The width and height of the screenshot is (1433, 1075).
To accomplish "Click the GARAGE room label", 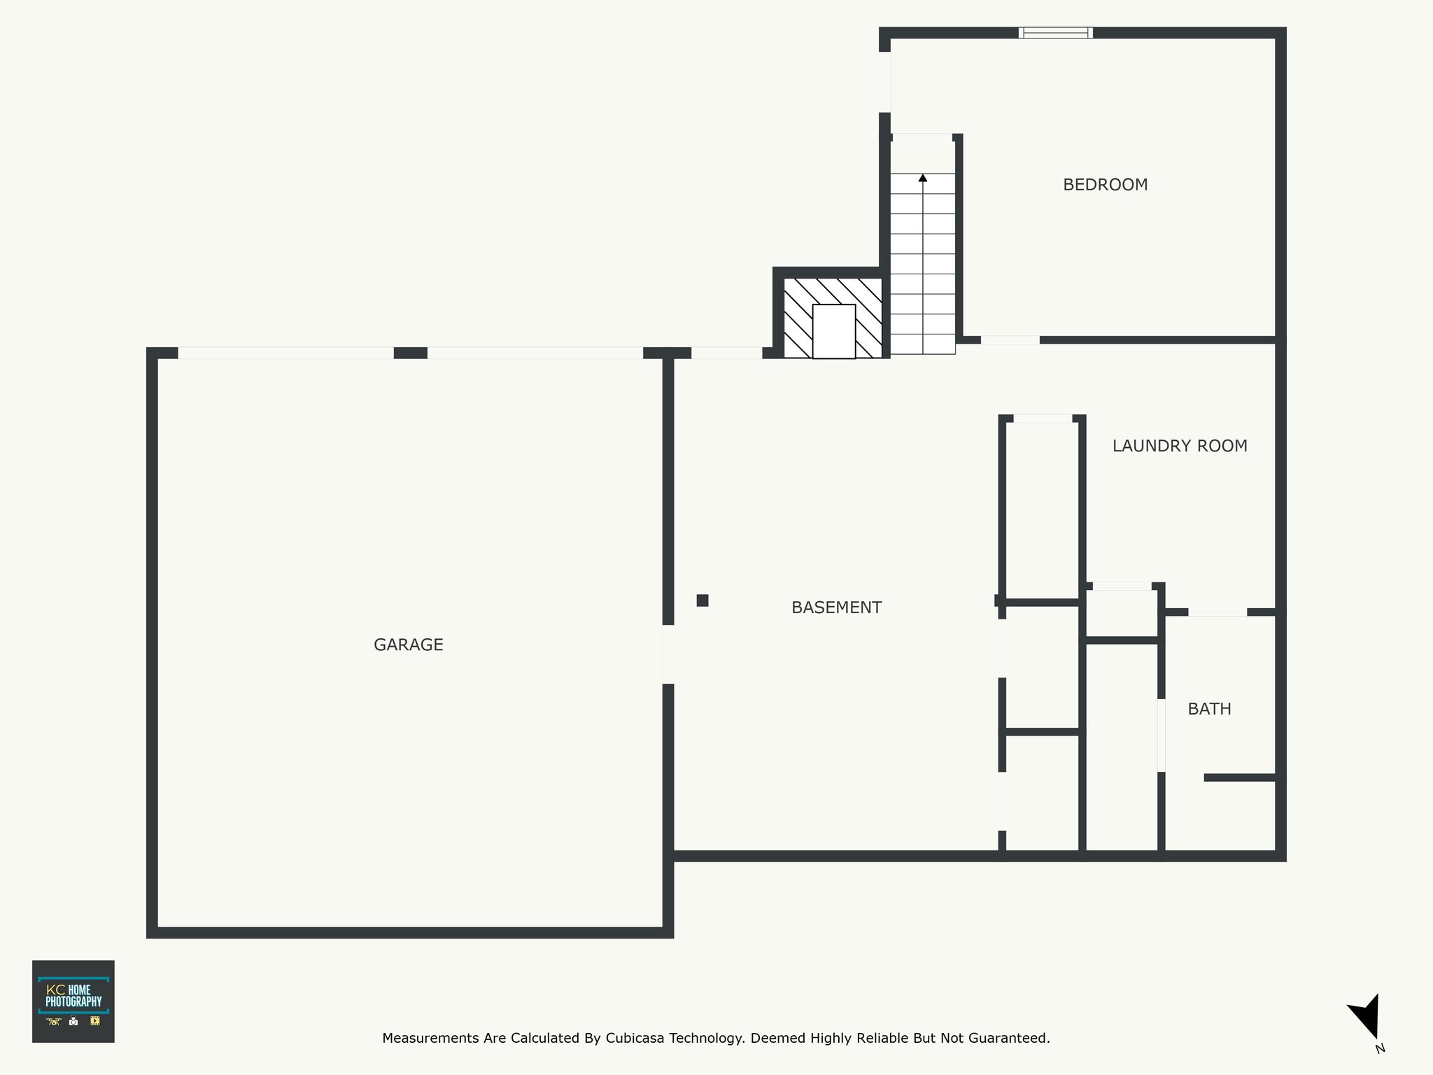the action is pyautogui.click(x=409, y=645).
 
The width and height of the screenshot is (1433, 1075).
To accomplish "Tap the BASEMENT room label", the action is pyautogui.click(x=836, y=607).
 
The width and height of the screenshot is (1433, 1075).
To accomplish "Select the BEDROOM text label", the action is pyautogui.click(x=1106, y=185).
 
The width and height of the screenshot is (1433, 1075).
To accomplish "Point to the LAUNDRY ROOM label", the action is pyautogui.click(x=1180, y=446).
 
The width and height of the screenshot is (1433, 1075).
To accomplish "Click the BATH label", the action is pyautogui.click(x=1210, y=709).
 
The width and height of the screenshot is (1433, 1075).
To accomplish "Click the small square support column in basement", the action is pyautogui.click(x=703, y=600).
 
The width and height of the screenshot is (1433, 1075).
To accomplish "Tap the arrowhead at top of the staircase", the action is pyautogui.click(x=923, y=178).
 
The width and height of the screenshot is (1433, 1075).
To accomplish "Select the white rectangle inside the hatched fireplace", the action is pyautogui.click(x=834, y=332).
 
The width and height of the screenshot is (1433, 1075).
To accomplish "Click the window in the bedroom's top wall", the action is pyautogui.click(x=1056, y=33).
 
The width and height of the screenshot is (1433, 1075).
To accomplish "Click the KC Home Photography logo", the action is pyautogui.click(x=73, y=1002).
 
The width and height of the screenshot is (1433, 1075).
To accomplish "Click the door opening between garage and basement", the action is pyautogui.click(x=668, y=654).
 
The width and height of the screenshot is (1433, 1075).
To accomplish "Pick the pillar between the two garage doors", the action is pyautogui.click(x=411, y=353).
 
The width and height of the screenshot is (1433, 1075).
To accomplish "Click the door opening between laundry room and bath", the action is pyautogui.click(x=1217, y=612).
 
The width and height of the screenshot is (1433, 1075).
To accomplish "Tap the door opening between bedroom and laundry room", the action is pyautogui.click(x=1010, y=340).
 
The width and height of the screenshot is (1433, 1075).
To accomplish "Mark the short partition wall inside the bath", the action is pyautogui.click(x=1240, y=778).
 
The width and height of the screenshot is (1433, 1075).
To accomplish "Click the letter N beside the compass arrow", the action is pyautogui.click(x=1380, y=1048).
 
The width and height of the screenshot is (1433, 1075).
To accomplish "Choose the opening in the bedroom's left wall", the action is pyautogui.click(x=885, y=82).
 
